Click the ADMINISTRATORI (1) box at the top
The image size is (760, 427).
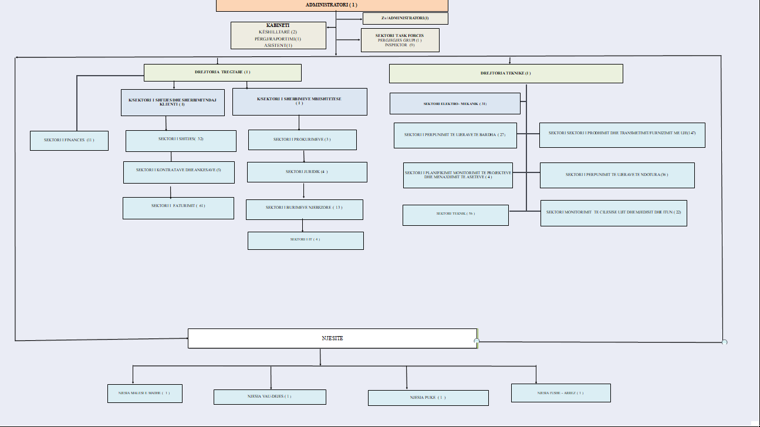[332, 5]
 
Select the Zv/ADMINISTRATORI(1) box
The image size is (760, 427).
[405, 18]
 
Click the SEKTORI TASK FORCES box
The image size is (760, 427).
[399, 40]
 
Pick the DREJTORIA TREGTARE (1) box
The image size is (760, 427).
[222, 72]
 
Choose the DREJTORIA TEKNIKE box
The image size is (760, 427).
[505, 73]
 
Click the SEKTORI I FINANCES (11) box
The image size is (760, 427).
[69, 140]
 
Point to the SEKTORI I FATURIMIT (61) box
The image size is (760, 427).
[178, 208]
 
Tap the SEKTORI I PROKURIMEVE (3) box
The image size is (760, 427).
[302, 140]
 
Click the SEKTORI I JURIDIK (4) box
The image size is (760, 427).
[307, 172]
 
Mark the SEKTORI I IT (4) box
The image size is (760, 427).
[305, 240]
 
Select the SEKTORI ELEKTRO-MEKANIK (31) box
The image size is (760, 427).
[455, 103]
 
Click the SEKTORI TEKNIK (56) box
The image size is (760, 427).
[455, 215]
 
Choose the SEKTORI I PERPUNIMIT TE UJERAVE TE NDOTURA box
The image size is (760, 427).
[617, 175]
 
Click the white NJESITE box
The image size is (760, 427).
[332, 338]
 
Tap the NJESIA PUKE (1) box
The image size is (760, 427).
[428, 398]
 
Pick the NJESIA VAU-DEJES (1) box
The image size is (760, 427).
[269, 396]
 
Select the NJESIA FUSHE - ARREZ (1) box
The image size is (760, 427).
[560, 392]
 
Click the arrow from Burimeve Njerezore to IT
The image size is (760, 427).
[303, 225]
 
